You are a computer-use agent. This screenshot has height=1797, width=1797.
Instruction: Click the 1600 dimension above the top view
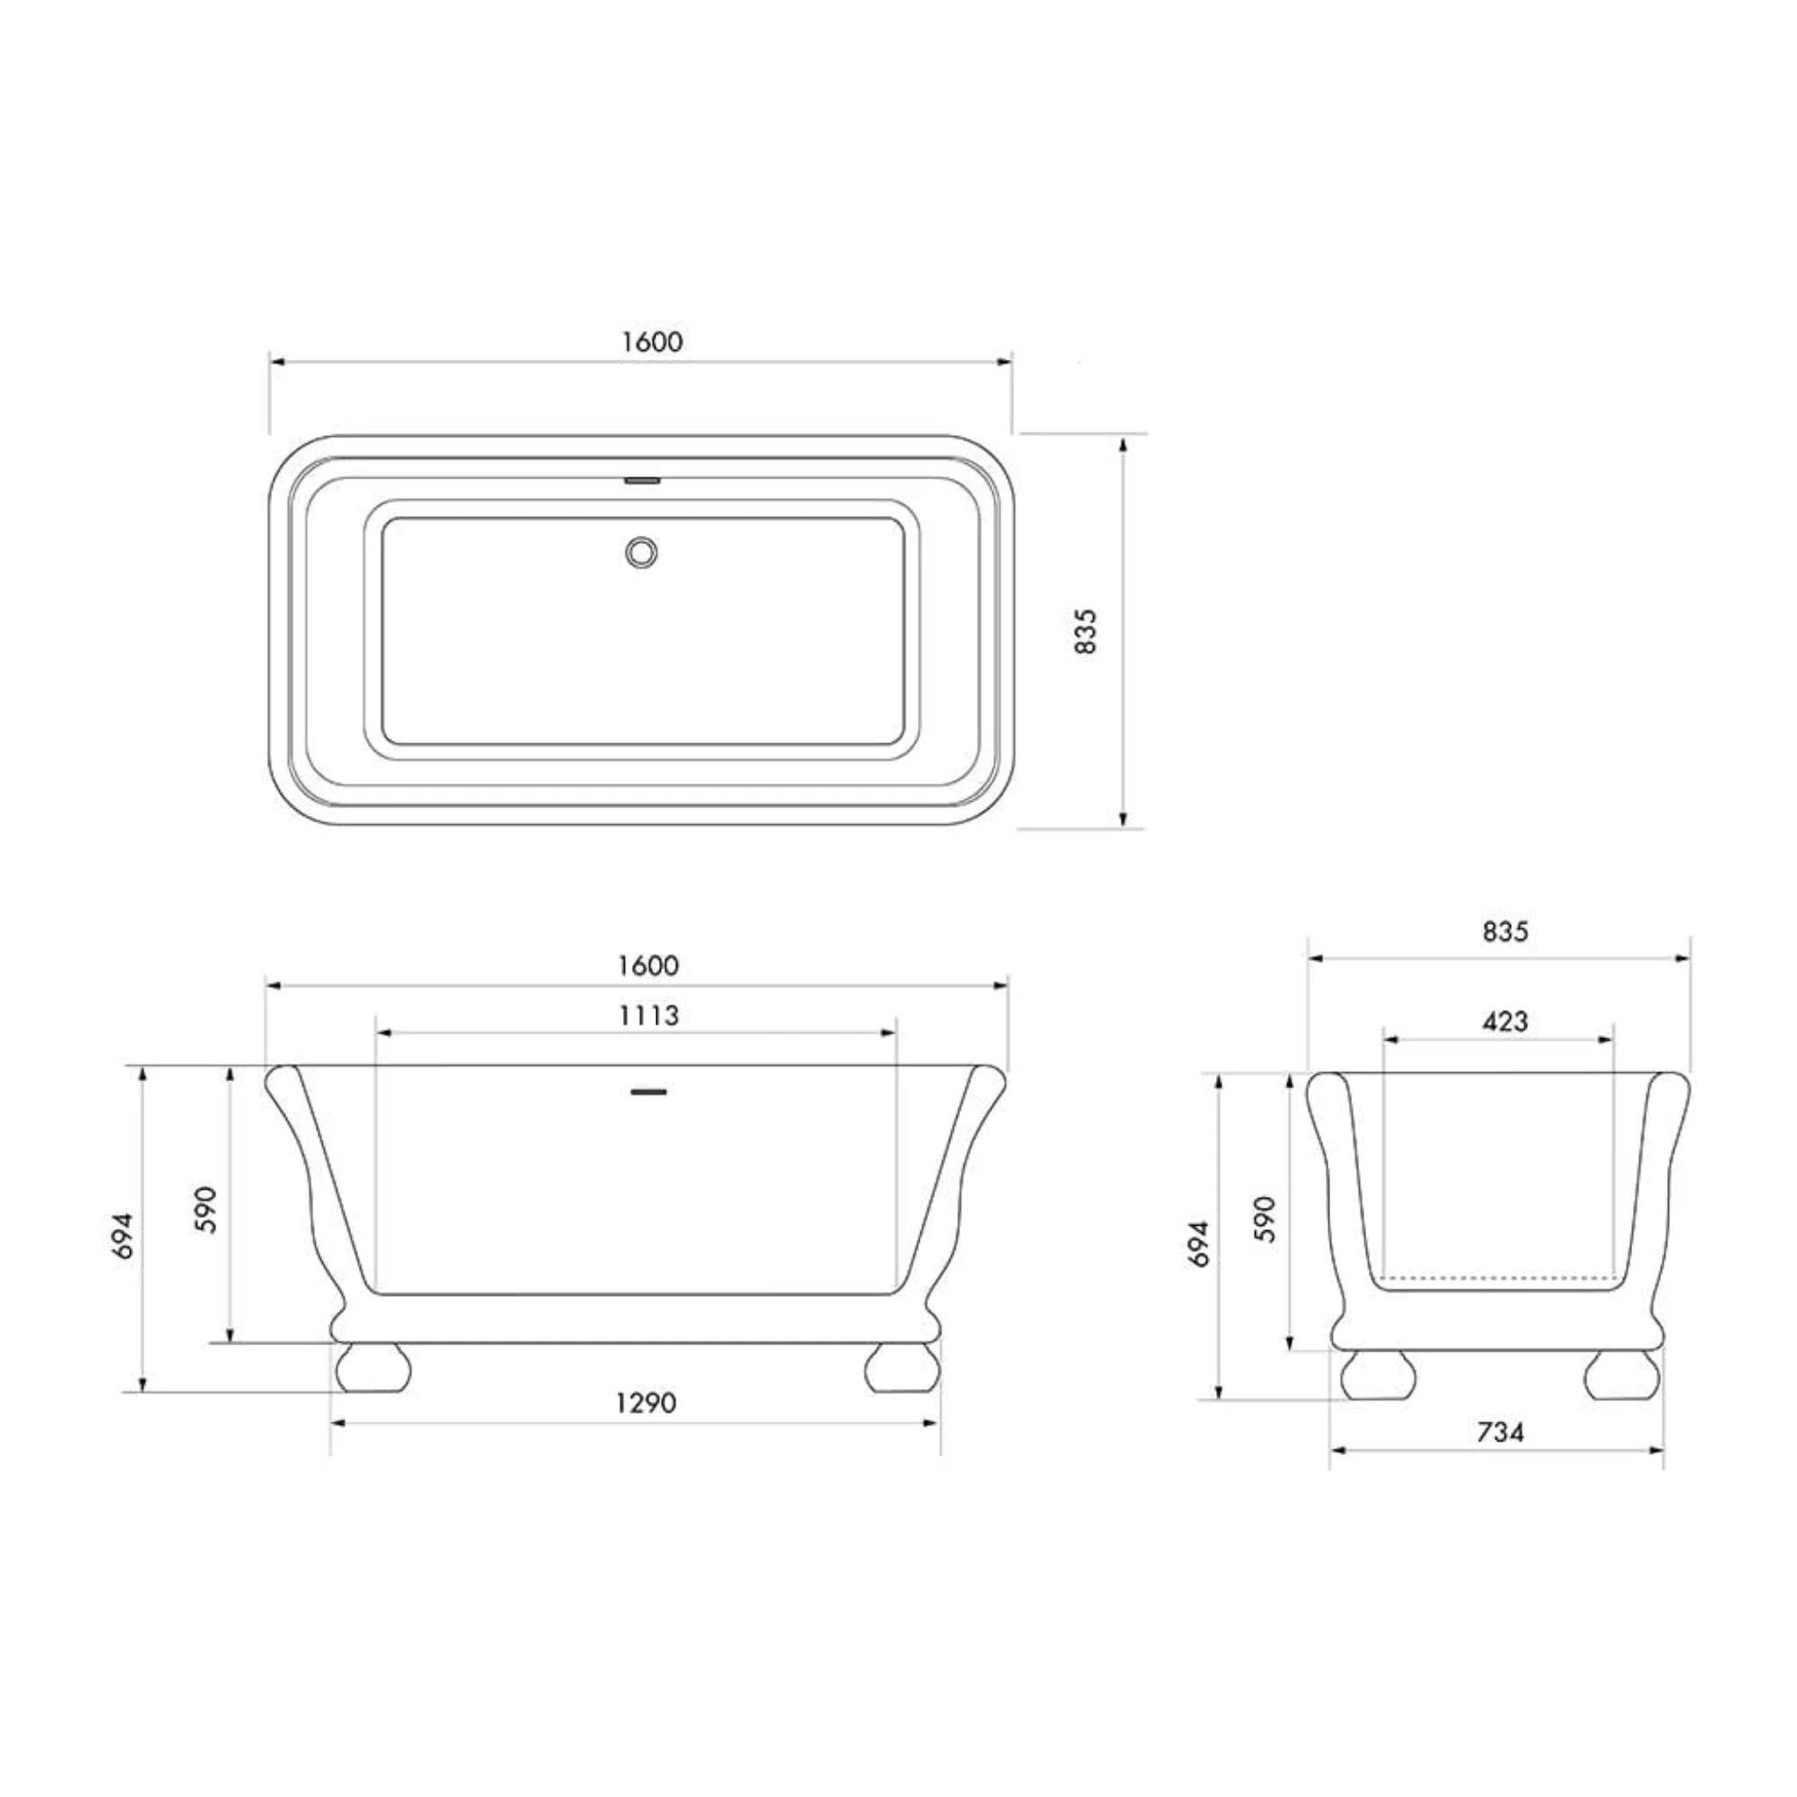(x=652, y=342)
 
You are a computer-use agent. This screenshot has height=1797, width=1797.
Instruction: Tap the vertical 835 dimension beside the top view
(x=1086, y=632)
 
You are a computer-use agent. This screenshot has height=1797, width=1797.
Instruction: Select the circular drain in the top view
(x=641, y=552)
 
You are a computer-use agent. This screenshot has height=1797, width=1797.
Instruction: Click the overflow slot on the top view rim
(x=641, y=481)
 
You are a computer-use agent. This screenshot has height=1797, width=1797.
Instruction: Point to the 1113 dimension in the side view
(x=649, y=1015)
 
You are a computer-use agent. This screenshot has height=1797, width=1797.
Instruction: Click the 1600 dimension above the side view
(x=648, y=965)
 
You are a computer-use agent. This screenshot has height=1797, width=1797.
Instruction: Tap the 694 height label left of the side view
(x=124, y=1236)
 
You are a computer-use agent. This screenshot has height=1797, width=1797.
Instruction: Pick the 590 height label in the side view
(x=206, y=1209)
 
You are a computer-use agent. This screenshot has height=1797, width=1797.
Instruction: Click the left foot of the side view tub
(x=373, y=1366)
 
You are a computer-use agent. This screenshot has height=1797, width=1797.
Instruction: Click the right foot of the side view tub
(x=900, y=1366)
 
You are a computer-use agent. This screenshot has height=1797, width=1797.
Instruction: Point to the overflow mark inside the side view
(x=649, y=1090)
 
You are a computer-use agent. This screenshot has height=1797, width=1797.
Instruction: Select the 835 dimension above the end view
(x=1505, y=931)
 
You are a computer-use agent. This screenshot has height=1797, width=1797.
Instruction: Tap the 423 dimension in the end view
(x=1505, y=1021)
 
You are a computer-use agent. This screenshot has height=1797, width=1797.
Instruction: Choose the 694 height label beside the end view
(x=1199, y=1243)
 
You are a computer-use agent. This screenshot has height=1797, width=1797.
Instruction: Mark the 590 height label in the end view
(x=1266, y=1219)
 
